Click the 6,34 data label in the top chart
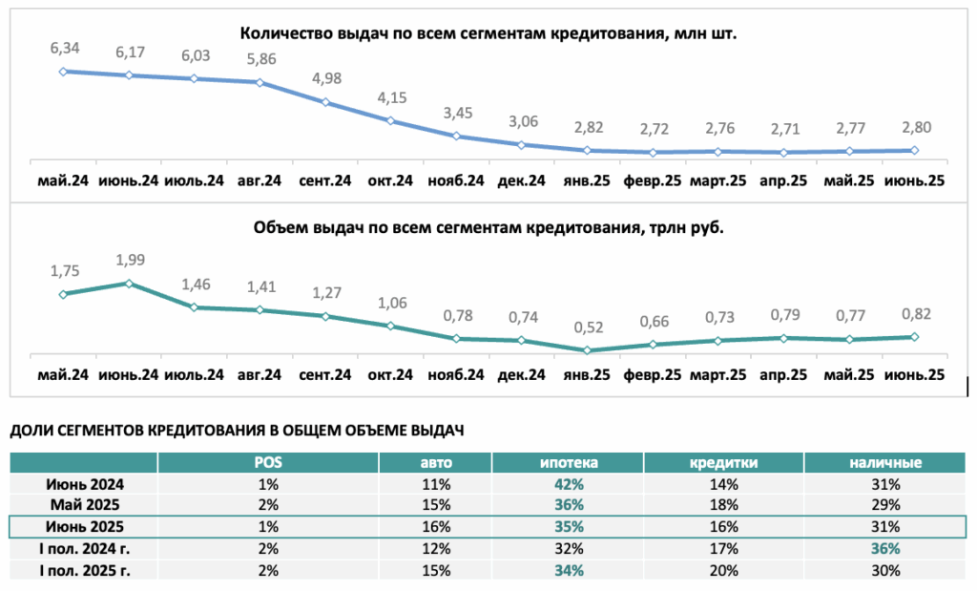pyautogui.click(x=65, y=48)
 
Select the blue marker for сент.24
pyautogui.click(x=325, y=102)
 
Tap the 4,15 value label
pyautogui.click(x=392, y=98)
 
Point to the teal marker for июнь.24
pyautogui.click(x=129, y=284)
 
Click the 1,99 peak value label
pyautogui.click(x=130, y=260)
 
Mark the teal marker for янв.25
pyautogui.click(x=587, y=350)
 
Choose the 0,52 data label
pyautogui.click(x=589, y=327)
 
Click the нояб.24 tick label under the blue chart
pyautogui.click(x=456, y=180)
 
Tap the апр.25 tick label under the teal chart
pyautogui.click(x=783, y=375)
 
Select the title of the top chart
pyautogui.click(x=488, y=33)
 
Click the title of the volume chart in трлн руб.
pyautogui.click(x=488, y=227)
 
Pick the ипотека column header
pyautogui.click(x=569, y=462)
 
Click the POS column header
pyautogui.click(x=268, y=462)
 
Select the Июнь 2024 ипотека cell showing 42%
pyautogui.click(x=569, y=484)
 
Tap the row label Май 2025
pyautogui.click(x=85, y=505)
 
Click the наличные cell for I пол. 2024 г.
pyautogui.click(x=885, y=549)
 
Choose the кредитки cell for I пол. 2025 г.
pyautogui.click(x=723, y=570)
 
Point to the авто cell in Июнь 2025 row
pyautogui.click(x=435, y=527)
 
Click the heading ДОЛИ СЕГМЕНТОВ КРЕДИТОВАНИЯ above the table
pyautogui.click(x=237, y=431)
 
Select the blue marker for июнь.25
pyautogui.click(x=914, y=150)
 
